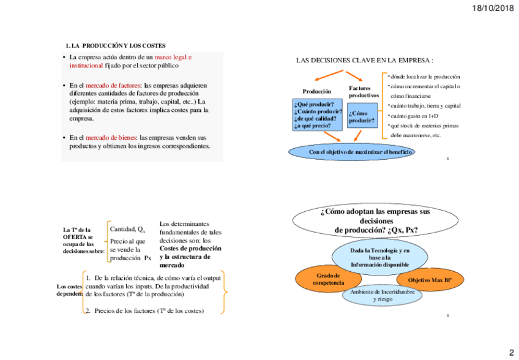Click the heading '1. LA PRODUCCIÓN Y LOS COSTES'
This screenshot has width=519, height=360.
point(116,46)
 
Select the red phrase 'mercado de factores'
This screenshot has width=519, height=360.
point(113,85)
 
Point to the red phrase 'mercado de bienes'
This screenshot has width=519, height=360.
point(111,138)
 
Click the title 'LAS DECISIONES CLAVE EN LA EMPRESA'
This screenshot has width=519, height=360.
point(364,61)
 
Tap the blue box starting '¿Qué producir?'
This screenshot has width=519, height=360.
point(318,114)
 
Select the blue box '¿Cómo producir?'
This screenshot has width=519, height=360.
point(362,117)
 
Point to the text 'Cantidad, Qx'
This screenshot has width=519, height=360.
point(127,230)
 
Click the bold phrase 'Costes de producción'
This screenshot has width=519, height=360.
point(190,249)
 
